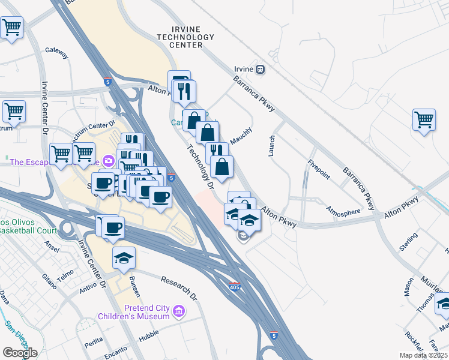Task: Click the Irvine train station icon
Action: tap(259, 69)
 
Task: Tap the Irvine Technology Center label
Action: tap(185, 37)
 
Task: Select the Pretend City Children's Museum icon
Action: tap(178, 311)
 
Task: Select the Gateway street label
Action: tap(56, 54)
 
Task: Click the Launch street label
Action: tap(271, 146)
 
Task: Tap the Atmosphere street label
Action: tap(344, 211)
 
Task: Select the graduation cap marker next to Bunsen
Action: tap(124, 257)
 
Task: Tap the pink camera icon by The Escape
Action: tap(109, 161)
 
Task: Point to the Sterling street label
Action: tap(409, 243)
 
